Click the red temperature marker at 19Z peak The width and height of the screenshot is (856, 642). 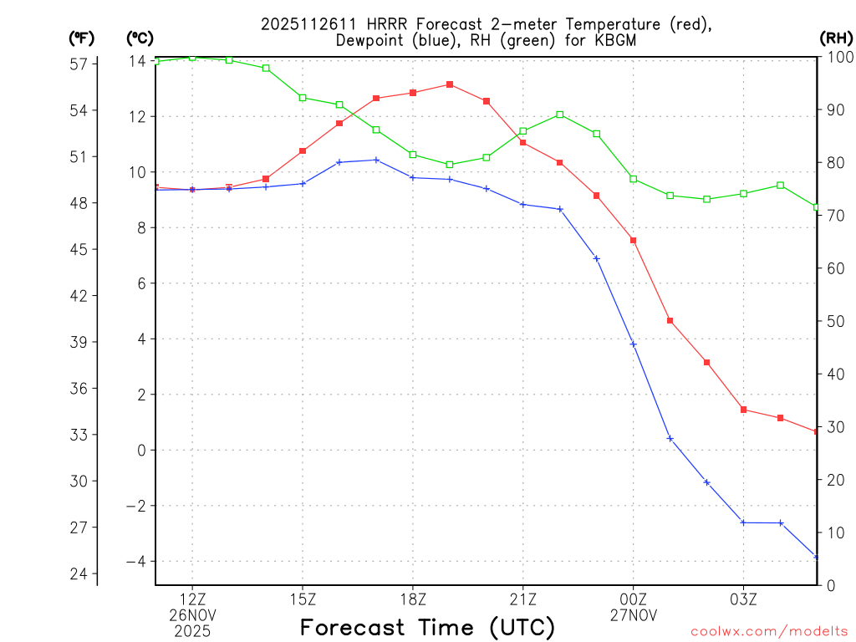tap(450, 84)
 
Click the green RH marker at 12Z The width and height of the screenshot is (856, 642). tap(192, 57)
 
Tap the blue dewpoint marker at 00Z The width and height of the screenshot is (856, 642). tap(634, 344)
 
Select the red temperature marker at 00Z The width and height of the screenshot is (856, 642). tap(634, 241)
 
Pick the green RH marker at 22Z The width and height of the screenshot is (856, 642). tap(560, 115)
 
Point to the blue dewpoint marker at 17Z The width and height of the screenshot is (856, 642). tap(376, 160)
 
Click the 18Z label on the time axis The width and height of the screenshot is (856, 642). tap(413, 599)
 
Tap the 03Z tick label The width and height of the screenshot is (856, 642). tap(744, 599)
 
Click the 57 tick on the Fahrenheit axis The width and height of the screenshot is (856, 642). tap(81, 64)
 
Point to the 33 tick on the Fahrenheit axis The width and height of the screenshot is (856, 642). tap(81, 435)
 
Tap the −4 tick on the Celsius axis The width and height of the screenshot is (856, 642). tap(135, 561)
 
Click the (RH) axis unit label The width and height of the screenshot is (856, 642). tap(835, 38)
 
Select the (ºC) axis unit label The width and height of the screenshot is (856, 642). tap(140, 38)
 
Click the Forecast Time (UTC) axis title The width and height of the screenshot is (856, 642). tap(427, 627)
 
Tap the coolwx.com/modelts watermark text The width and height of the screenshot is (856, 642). tap(769, 631)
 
